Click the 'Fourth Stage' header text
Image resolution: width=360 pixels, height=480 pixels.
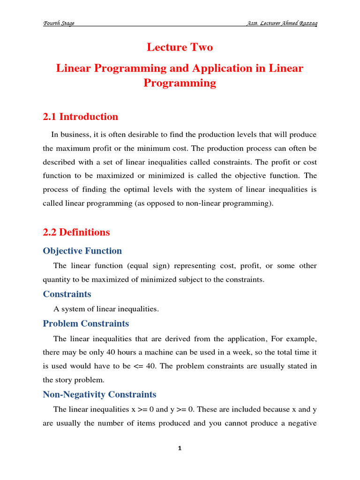point(59,23)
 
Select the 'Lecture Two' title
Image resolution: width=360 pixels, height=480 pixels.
point(180,47)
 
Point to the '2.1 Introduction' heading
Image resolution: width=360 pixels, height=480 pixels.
point(81,117)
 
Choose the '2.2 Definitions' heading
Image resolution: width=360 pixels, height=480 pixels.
point(76,232)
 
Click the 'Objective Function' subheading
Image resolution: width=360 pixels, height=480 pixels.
point(82,251)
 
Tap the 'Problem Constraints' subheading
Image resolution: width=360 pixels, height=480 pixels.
point(86,323)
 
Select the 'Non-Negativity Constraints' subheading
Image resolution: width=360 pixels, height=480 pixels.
point(99,394)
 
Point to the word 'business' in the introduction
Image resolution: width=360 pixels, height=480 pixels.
point(75,135)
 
